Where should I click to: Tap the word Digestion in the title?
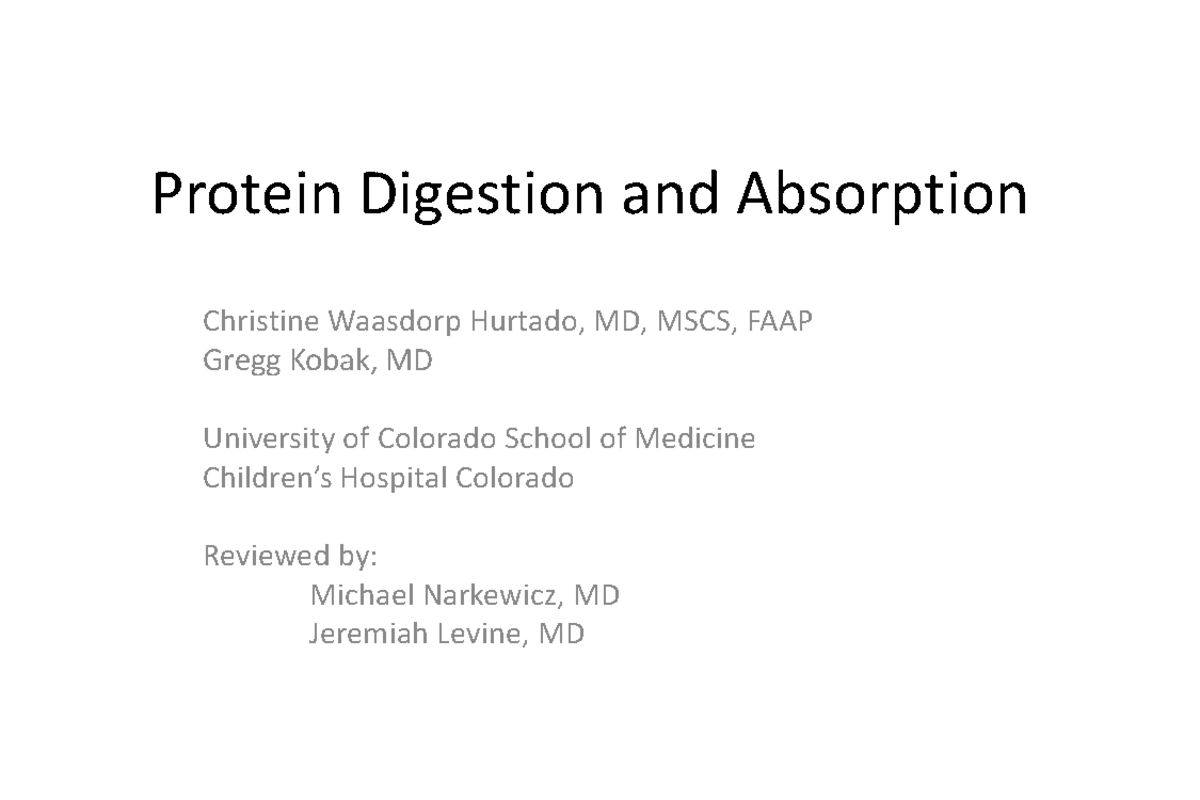[484, 195]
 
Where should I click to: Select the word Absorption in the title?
[882, 195]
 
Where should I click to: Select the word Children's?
[268, 478]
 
